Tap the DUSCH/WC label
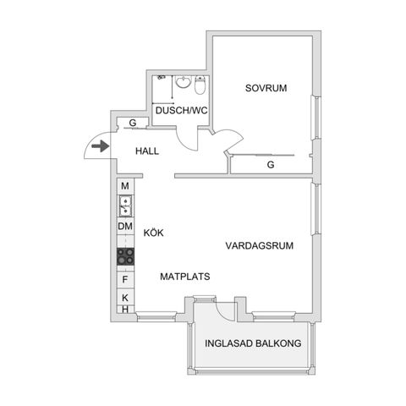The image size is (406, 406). tap(180, 111)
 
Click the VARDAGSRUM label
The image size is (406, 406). tap(259, 246)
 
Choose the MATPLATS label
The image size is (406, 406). tap(184, 276)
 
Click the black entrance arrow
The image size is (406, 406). tap(100, 146)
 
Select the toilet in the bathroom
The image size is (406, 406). tap(200, 87)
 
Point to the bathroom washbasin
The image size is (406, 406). tap(162, 84)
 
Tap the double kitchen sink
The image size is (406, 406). tap(124, 204)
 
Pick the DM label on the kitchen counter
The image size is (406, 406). tap(124, 226)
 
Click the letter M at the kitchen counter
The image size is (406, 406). tap(124, 186)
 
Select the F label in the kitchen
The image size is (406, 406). tap(124, 279)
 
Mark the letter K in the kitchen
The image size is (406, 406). tap(124, 298)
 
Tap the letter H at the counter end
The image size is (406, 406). tap(124, 310)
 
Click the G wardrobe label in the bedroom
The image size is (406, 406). tap(271, 165)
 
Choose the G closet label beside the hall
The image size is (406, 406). tap(133, 123)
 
